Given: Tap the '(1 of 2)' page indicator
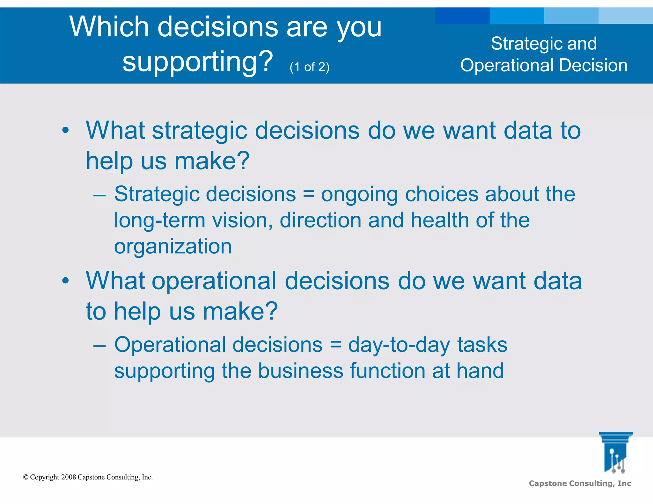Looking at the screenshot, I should [x=309, y=67].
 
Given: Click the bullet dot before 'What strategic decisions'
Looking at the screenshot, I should [x=65, y=130].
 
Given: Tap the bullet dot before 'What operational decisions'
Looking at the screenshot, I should [x=65, y=281].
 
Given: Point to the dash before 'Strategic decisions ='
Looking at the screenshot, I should [x=99, y=195].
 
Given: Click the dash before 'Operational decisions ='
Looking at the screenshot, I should [x=99, y=345].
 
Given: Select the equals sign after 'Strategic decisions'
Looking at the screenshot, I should [x=308, y=194].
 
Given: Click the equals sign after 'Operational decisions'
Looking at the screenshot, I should [x=335, y=345].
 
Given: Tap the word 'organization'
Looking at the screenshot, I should [x=173, y=247].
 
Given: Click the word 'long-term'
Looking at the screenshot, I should [x=159, y=220].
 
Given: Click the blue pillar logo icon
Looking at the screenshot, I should [x=616, y=452].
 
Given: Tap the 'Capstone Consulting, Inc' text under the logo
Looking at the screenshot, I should [x=580, y=483].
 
